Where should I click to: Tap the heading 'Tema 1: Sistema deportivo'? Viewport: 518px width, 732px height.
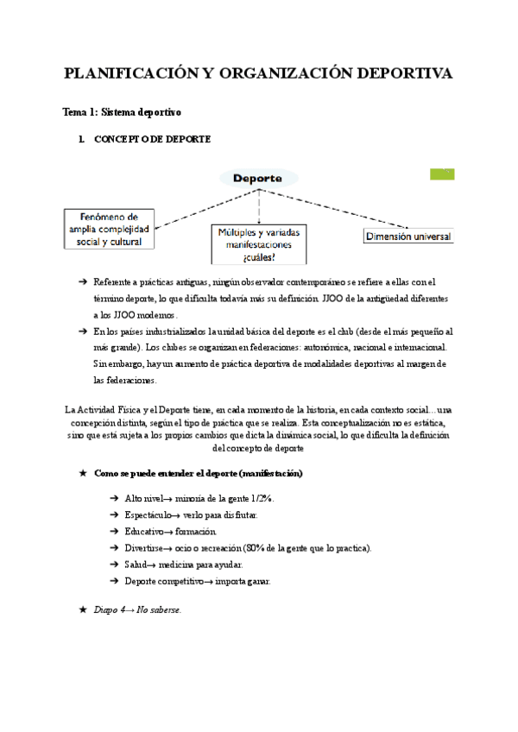(x=121, y=112)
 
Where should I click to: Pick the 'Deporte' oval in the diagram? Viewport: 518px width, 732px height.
(x=258, y=178)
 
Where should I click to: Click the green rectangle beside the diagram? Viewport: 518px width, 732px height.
(x=442, y=174)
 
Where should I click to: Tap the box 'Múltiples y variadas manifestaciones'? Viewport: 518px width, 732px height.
(x=259, y=244)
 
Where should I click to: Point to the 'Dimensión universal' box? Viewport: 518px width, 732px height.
(x=408, y=237)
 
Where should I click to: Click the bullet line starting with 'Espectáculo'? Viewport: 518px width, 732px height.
(x=190, y=515)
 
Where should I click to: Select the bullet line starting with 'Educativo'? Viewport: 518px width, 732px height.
(x=170, y=532)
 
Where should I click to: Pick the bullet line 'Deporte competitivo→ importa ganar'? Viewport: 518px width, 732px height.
(x=197, y=581)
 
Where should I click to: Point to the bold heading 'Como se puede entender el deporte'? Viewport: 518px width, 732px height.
(x=199, y=474)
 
